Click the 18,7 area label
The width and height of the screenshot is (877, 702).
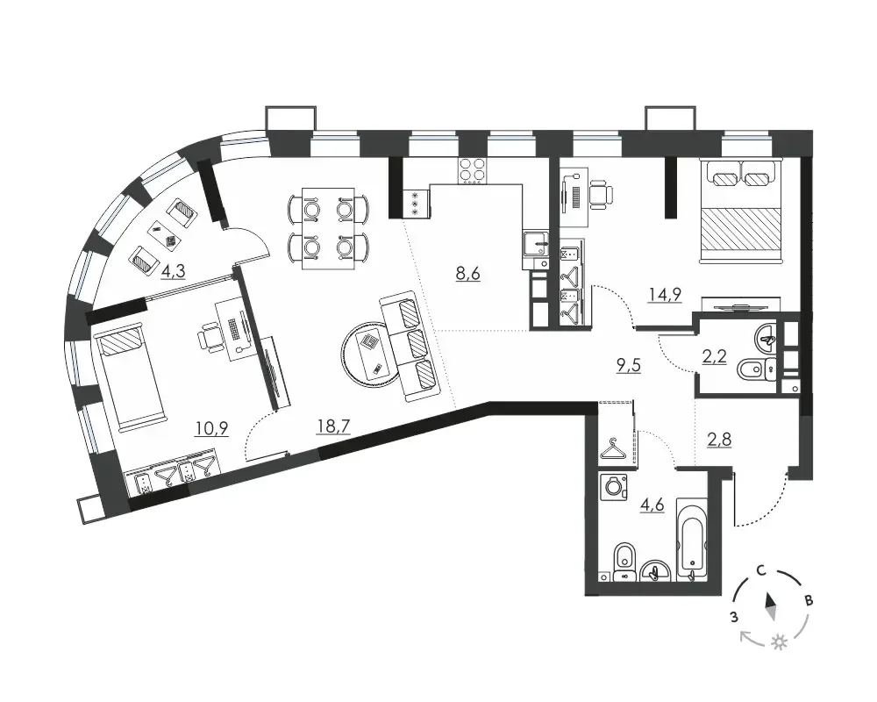pyautogui.click(x=333, y=427)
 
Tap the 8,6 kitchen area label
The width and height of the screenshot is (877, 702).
pyautogui.click(x=468, y=275)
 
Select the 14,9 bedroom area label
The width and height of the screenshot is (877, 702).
pyautogui.click(x=665, y=295)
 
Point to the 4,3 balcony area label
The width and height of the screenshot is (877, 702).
pyautogui.click(x=173, y=271)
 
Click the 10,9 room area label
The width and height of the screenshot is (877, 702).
pyautogui.click(x=211, y=429)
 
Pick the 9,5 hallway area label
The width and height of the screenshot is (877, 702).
pyautogui.click(x=628, y=366)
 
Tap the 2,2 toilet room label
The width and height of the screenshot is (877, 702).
pyautogui.click(x=714, y=356)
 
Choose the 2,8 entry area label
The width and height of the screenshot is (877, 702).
pyautogui.click(x=719, y=440)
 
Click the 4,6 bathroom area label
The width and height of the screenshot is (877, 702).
pyautogui.click(x=652, y=505)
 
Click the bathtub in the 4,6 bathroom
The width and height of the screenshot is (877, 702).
pyautogui.click(x=693, y=540)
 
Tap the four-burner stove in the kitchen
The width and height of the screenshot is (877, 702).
pyautogui.click(x=473, y=171)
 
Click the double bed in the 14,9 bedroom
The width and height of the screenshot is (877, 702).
pyautogui.click(x=740, y=211)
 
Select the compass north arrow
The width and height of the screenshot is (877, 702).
pyautogui.click(x=771, y=607)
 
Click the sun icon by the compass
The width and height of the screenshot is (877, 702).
pyautogui.click(x=779, y=642)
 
